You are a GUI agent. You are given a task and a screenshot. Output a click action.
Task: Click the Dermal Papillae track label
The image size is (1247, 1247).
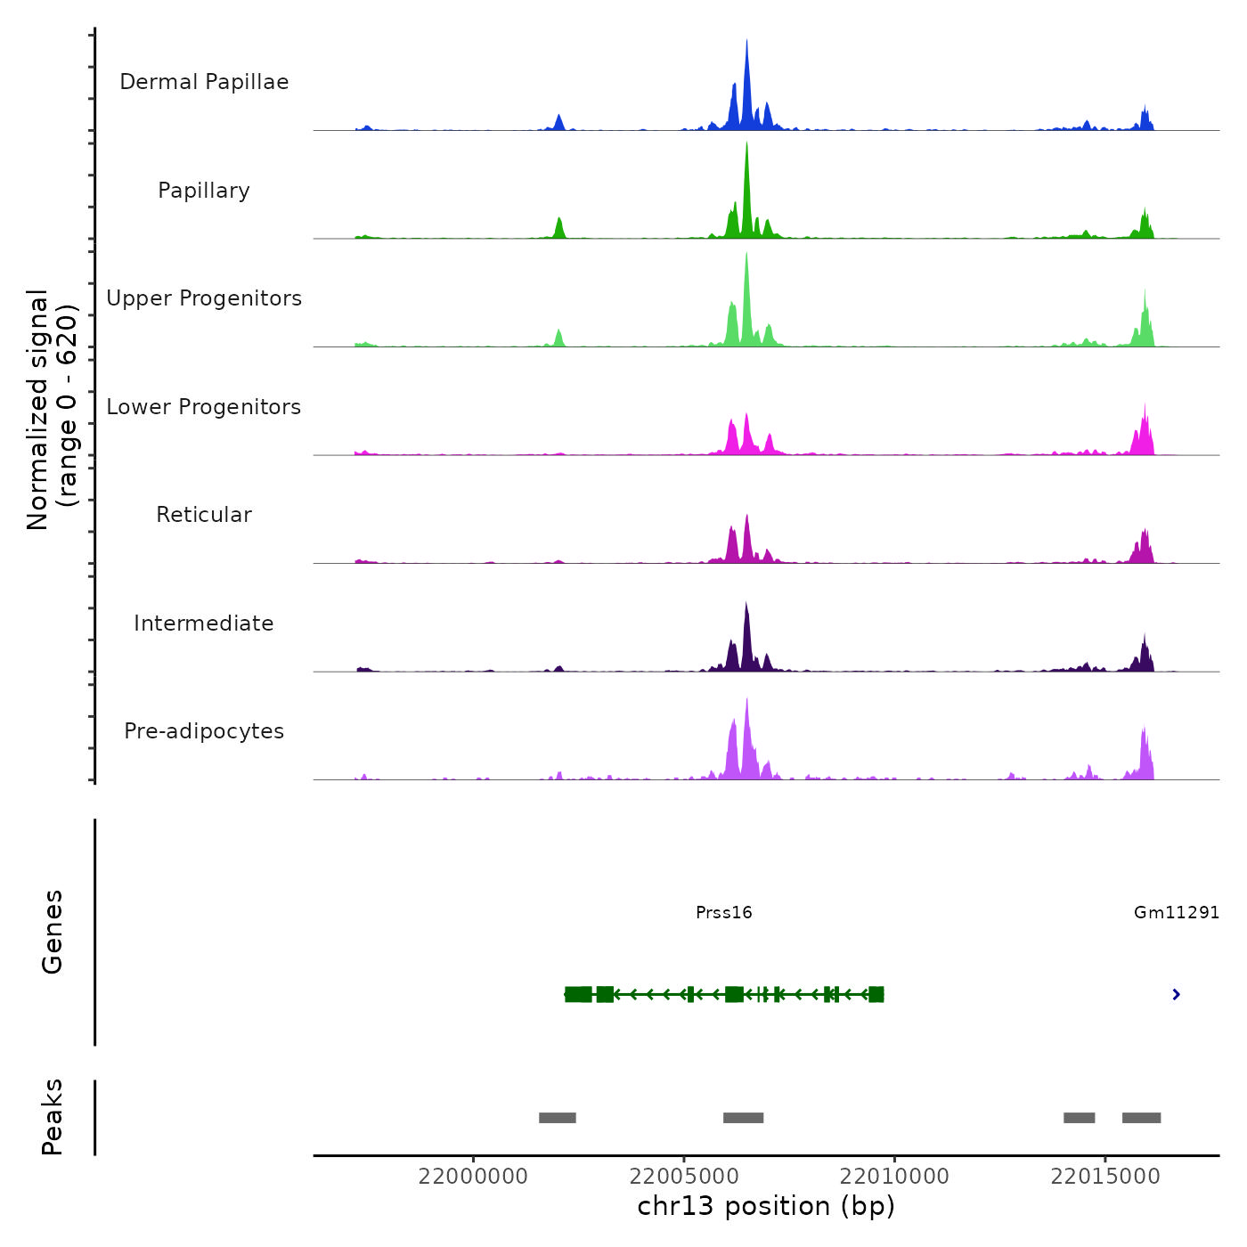pyautogui.click(x=204, y=82)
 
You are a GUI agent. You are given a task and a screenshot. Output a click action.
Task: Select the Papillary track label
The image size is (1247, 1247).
pyautogui.click(x=204, y=191)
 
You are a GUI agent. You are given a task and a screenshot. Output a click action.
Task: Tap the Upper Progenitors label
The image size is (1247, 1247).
pyautogui.click(x=204, y=298)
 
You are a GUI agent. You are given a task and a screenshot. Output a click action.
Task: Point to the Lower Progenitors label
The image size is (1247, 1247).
pyautogui.click(x=204, y=407)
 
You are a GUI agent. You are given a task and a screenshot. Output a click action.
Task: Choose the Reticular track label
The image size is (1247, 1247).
pyautogui.click(x=204, y=515)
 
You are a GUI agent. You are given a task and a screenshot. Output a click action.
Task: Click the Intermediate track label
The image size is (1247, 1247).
pyautogui.click(x=204, y=623)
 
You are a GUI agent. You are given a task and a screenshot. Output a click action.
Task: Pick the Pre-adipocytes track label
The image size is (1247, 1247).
pyautogui.click(x=204, y=731)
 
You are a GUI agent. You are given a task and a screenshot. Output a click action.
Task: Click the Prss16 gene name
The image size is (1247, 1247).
pyautogui.click(x=723, y=913)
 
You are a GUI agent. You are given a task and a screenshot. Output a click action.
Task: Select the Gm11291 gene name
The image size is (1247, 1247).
pyautogui.click(x=1176, y=913)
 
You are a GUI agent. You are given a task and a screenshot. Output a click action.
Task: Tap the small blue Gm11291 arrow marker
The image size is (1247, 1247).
pyautogui.click(x=1177, y=994)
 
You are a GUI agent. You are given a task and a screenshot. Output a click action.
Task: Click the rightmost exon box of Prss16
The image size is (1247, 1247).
pyautogui.click(x=876, y=994)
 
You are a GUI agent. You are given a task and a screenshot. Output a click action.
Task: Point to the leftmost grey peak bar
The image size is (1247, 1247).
pyautogui.click(x=558, y=1118)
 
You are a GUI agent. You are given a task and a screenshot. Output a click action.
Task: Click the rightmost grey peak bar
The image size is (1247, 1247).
pyautogui.click(x=1141, y=1118)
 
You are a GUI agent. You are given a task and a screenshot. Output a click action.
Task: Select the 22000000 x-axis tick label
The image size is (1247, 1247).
pyautogui.click(x=473, y=1177)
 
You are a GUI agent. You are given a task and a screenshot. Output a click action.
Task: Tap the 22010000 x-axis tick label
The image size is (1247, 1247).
pyautogui.click(x=894, y=1177)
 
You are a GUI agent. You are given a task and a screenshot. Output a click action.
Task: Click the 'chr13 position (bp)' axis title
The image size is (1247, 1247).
pyautogui.click(x=766, y=1206)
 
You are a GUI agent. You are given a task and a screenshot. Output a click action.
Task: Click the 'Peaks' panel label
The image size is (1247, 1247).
pyautogui.click(x=53, y=1117)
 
